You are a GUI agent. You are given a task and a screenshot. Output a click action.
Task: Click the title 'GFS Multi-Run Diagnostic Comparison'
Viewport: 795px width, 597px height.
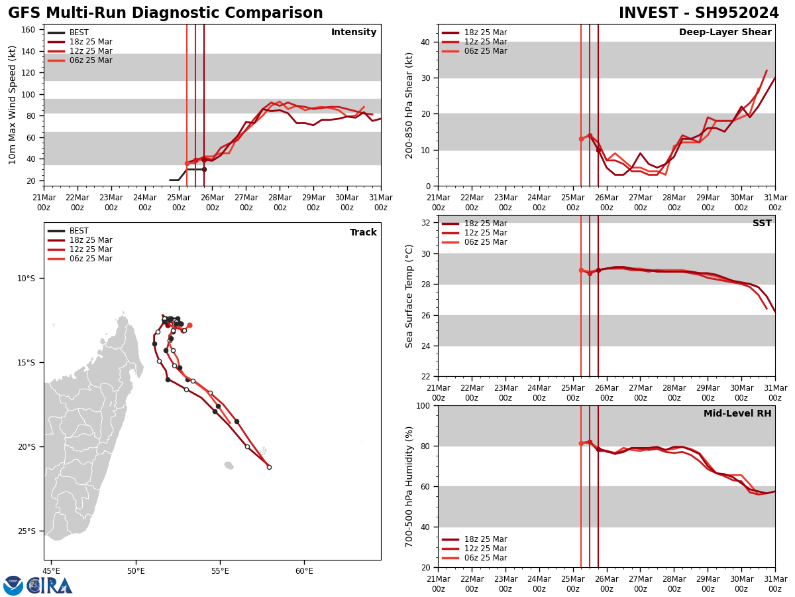[165, 13]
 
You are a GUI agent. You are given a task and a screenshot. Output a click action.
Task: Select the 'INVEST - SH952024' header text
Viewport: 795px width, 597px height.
[698, 13]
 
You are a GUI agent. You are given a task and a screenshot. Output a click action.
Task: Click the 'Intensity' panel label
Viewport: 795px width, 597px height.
[354, 33]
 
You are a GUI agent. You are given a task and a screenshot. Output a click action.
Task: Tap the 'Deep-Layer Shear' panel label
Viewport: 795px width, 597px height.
[725, 33]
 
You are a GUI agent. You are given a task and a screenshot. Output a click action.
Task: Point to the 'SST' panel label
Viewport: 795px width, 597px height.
[761, 224]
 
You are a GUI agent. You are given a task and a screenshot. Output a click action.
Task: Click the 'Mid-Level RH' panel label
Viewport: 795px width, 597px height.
[737, 414]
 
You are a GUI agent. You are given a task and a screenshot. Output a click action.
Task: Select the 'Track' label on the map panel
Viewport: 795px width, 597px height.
[363, 233]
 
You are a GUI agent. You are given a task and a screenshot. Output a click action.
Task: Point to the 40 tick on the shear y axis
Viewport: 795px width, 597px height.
[424, 42]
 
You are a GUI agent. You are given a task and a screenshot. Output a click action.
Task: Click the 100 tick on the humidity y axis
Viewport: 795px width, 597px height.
[421, 405]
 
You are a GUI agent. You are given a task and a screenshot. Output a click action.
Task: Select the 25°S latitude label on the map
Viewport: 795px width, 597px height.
[26, 531]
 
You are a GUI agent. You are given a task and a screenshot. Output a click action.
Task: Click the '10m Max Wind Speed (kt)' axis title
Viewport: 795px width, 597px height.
[13, 105]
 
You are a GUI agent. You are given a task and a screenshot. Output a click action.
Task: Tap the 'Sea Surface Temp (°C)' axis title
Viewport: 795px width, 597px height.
[410, 296]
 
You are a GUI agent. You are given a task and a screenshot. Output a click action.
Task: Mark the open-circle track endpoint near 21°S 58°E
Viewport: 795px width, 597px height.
[269, 467]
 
